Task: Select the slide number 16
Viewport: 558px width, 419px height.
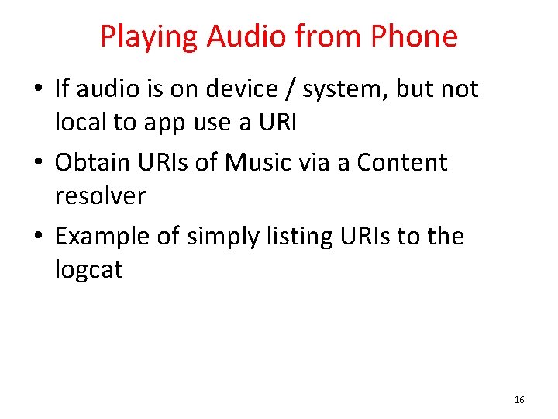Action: coord(519,400)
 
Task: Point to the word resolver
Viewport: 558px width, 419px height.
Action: coord(100,196)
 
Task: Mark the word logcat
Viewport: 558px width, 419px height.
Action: coord(89,270)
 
